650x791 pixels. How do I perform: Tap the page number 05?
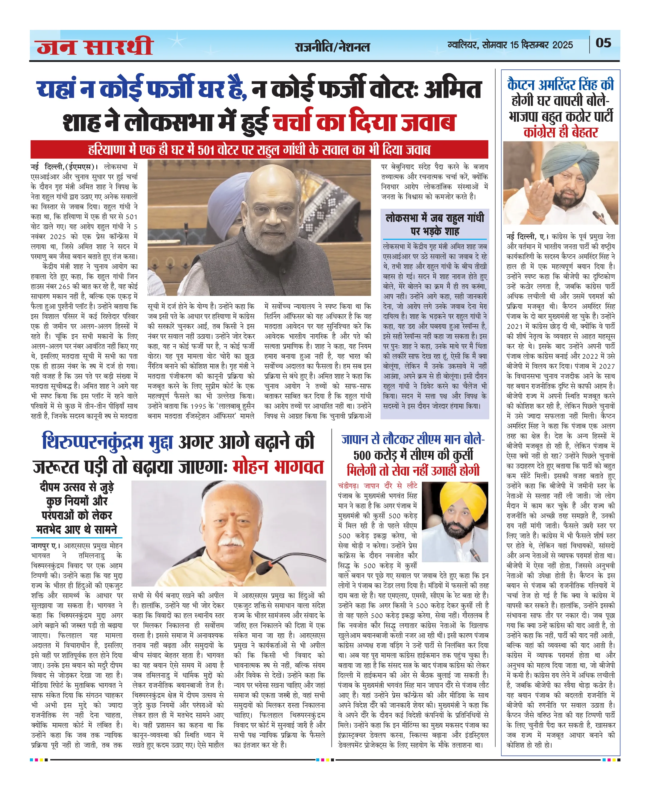coord(603,43)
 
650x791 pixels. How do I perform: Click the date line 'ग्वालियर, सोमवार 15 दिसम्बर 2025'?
coord(510,45)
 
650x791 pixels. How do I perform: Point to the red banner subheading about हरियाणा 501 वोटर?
coord(259,150)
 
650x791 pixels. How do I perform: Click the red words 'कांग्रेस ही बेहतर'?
coord(561,133)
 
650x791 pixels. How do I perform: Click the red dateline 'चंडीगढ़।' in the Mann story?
coord(348,486)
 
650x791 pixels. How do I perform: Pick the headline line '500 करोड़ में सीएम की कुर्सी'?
coord(413,455)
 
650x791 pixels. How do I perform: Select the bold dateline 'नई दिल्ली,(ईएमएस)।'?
coord(64,167)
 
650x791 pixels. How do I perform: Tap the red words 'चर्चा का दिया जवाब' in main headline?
coord(364,122)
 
